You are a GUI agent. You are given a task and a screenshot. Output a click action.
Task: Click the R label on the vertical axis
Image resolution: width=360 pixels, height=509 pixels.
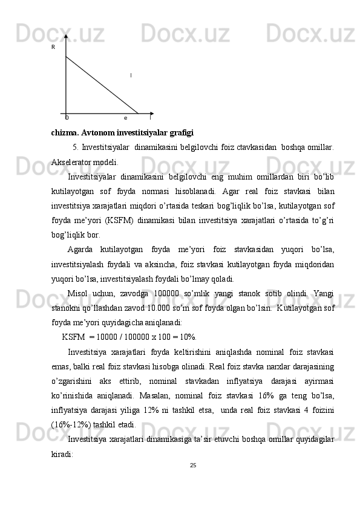click(53, 47)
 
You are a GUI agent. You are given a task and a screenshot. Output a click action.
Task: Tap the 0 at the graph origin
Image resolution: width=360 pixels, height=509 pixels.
click(67, 118)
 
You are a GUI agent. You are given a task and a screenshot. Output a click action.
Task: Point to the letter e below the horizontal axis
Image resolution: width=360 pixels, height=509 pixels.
click(125, 118)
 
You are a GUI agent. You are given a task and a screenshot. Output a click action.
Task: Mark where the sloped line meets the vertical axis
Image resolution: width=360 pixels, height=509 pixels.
click(65, 56)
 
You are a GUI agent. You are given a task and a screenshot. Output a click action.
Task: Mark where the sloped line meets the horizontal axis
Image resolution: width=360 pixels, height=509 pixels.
click(139, 114)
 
